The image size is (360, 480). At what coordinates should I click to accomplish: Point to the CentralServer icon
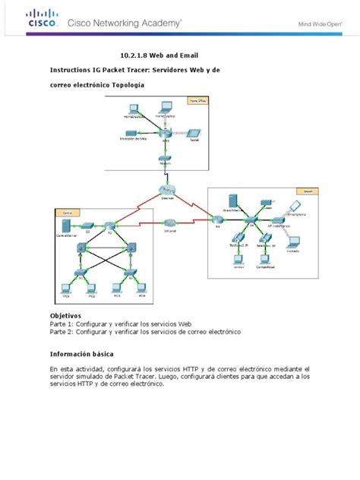pyautogui.click(x=68, y=226)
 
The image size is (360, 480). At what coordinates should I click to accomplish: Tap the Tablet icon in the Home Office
pyautogui.click(x=193, y=133)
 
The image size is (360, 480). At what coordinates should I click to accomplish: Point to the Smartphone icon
pyautogui.click(x=296, y=206)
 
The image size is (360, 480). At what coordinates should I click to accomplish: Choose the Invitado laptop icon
pyautogui.click(x=293, y=242)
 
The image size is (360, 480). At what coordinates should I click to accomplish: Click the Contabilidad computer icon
pyautogui.click(x=264, y=260)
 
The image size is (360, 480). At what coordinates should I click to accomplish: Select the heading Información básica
pyautogui.click(x=85, y=353)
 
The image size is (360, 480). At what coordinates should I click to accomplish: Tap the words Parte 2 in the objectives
pyautogui.click(x=64, y=331)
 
